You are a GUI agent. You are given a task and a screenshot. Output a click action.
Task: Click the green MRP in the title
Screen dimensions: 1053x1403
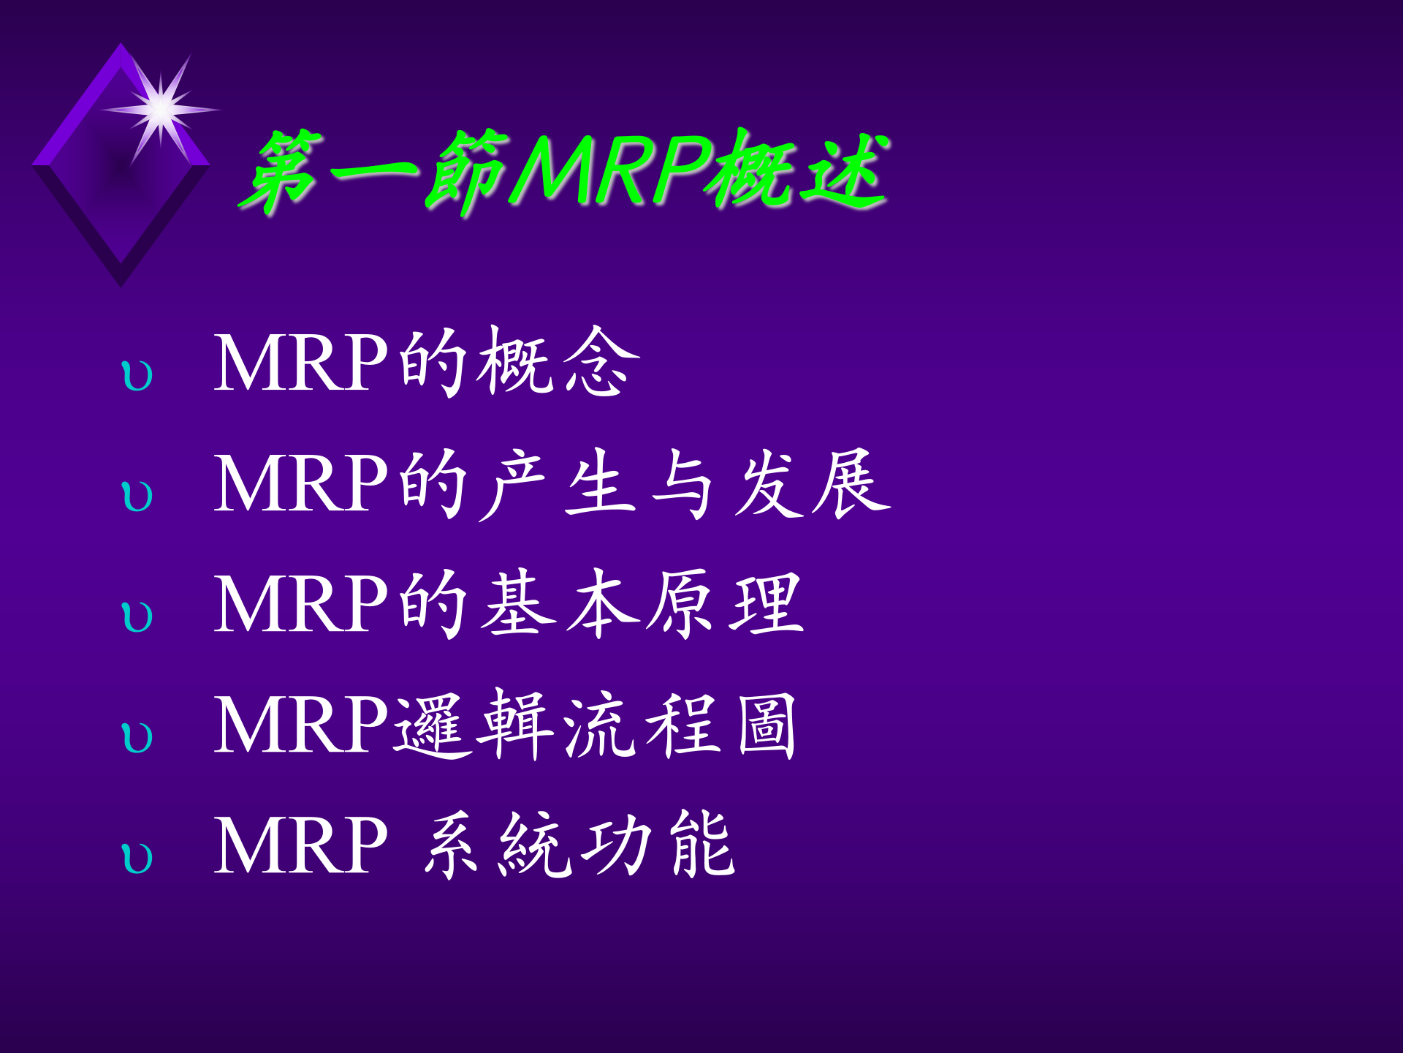click(612, 170)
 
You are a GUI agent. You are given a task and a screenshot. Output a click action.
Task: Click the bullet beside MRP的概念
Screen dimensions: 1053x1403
click(137, 376)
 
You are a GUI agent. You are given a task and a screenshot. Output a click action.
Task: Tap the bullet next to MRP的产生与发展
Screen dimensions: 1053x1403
click(137, 497)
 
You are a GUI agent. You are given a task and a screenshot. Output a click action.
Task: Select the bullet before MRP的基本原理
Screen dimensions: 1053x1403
click(137, 617)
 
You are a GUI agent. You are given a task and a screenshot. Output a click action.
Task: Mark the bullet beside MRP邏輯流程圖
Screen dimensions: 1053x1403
click(137, 738)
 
